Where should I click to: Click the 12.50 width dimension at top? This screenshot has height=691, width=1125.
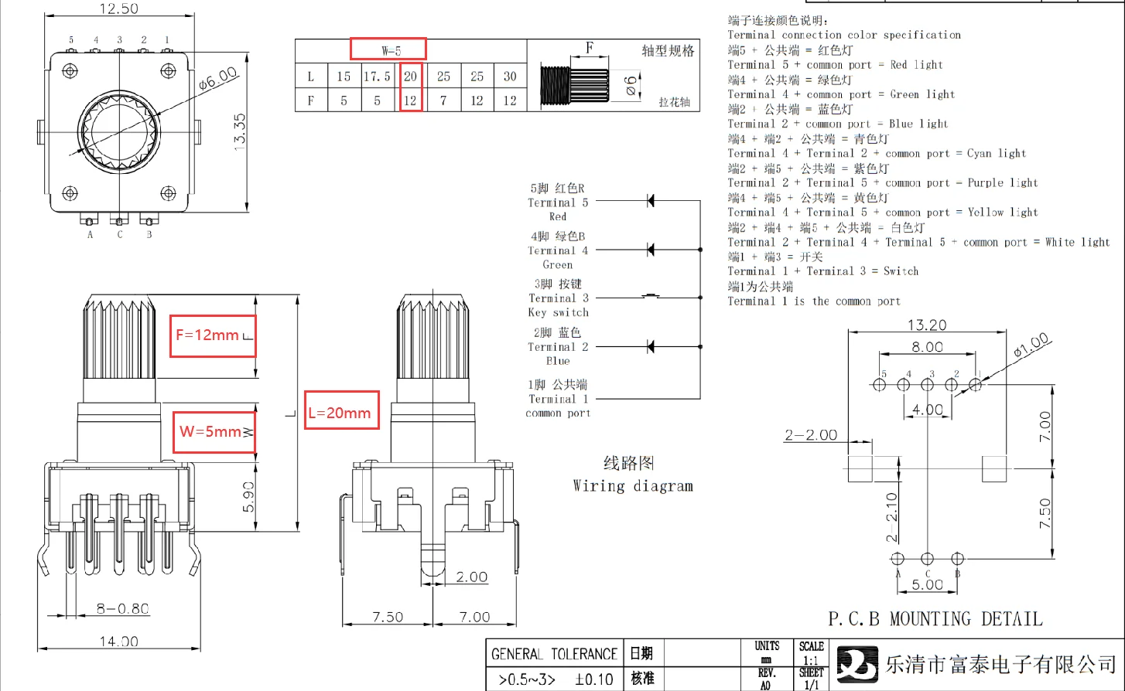pos(119,9)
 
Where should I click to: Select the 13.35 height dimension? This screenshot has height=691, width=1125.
pos(240,131)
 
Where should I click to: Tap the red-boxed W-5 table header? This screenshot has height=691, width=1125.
pos(388,49)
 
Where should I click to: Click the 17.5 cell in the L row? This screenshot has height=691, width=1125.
pos(378,77)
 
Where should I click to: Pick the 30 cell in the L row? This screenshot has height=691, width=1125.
pos(510,77)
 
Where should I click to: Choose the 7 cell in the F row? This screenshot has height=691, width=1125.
pos(443,100)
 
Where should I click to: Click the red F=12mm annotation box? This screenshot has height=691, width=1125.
pos(213,335)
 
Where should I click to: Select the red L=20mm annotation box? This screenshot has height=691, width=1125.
pos(341,413)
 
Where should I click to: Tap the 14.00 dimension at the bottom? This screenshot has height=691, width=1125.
pos(119,641)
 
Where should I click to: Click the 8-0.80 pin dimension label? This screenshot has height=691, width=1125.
pos(122,608)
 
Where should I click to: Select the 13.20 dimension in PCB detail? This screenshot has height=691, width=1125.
pos(927,325)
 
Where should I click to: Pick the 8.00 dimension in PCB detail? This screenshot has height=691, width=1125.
pos(927,347)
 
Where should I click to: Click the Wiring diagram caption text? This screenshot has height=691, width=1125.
pos(632,485)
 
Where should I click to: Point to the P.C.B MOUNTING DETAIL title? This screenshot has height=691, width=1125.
pos(935,619)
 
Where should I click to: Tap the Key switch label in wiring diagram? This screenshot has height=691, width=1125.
pos(558,312)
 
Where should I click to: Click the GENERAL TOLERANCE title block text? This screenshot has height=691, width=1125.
pos(554,654)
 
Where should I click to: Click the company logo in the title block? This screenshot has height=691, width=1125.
pos(857,664)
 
